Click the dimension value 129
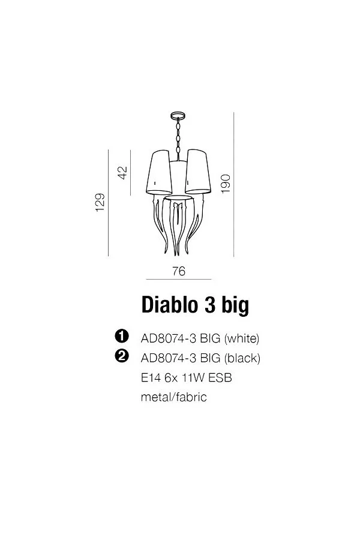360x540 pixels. click(x=100, y=203)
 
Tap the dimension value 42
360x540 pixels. click(x=122, y=173)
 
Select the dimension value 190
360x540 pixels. click(x=226, y=184)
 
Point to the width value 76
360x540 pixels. click(x=179, y=271)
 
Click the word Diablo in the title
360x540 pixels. click(x=169, y=305)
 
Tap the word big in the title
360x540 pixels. click(x=235, y=306)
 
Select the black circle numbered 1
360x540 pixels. click(x=122, y=337)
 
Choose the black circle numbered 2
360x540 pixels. click(x=122, y=356)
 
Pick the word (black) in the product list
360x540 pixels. click(x=242, y=358)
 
